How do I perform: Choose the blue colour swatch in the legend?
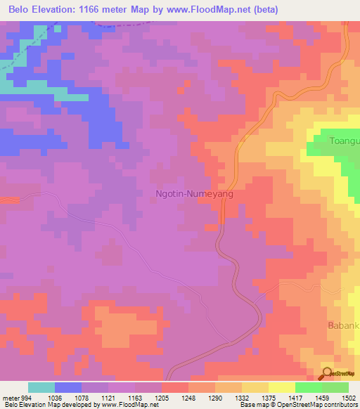pyautogui.click(x=68, y=387)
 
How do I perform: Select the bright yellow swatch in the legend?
pyautogui.click(x=281, y=387)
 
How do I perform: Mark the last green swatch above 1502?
pyautogui.click(x=335, y=387)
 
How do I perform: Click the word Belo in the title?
pyautogui.click(x=21, y=9)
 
